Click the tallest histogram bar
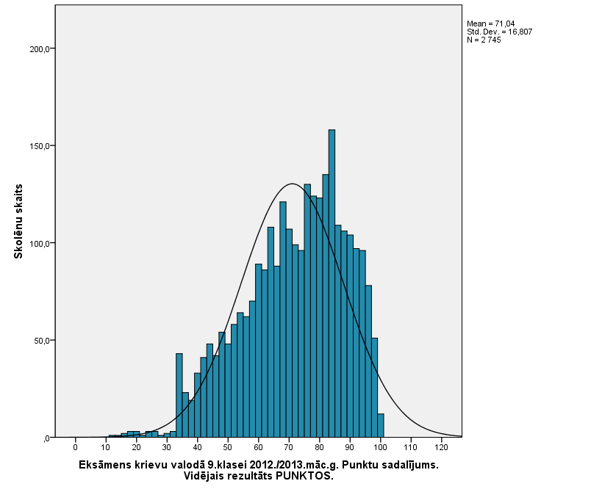(x=332, y=283)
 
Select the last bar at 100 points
(x=381, y=425)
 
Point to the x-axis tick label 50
(x=227, y=447)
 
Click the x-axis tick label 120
(x=440, y=447)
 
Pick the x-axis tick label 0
(x=75, y=447)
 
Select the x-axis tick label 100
(x=379, y=447)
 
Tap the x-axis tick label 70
(x=288, y=447)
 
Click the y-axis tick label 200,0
(x=39, y=49)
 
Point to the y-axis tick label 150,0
(x=39, y=146)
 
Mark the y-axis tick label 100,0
(x=39, y=244)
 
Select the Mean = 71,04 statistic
(x=490, y=24)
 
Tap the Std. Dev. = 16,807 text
(x=499, y=32)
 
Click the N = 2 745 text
(x=484, y=40)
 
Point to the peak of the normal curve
(x=293, y=184)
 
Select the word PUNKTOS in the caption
(x=306, y=476)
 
